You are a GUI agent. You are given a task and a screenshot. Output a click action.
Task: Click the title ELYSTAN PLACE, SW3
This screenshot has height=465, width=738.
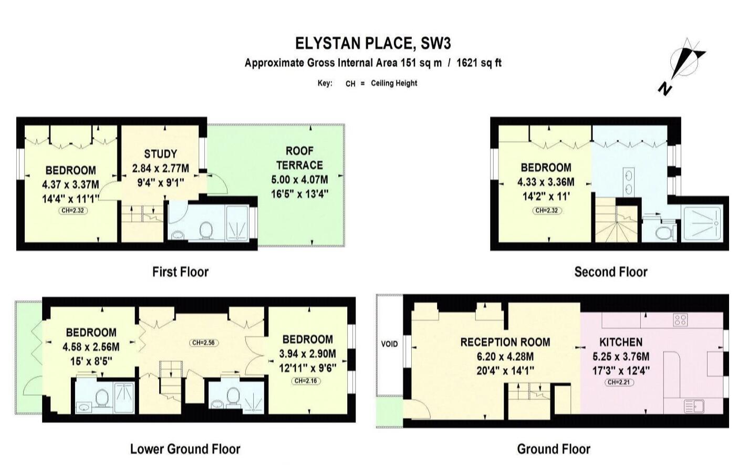(372, 43)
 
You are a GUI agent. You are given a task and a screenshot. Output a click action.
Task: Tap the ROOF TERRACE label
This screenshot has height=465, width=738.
(299, 158)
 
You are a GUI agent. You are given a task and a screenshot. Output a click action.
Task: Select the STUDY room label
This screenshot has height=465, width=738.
(160, 154)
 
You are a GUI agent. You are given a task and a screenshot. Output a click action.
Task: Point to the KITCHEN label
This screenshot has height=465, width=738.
(621, 342)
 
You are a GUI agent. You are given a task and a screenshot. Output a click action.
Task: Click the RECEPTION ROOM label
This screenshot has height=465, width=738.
(505, 342)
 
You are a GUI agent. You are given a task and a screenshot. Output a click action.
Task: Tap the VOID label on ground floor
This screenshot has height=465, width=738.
(389, 344)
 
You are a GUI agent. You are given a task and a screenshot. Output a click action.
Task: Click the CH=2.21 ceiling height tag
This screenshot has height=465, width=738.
(619, 382)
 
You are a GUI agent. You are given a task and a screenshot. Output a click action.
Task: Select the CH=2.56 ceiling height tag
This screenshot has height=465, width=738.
(204, 343)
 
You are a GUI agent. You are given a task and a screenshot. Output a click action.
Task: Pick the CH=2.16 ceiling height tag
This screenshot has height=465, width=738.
(307, 381)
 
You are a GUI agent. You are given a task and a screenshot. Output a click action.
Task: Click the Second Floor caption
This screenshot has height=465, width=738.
(610, 272)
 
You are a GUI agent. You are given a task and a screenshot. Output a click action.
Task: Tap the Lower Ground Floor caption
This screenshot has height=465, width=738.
(185, 449)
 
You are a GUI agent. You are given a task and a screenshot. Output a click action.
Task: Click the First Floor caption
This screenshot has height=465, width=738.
(180, 272)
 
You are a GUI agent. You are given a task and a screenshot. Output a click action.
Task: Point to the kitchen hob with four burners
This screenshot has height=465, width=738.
(680, 319)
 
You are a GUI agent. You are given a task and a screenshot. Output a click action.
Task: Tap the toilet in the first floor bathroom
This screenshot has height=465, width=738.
(206, 230)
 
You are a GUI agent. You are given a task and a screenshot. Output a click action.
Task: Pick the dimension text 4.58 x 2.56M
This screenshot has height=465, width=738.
(91, 347)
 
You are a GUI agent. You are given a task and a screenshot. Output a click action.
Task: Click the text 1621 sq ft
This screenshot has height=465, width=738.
(479, 63)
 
